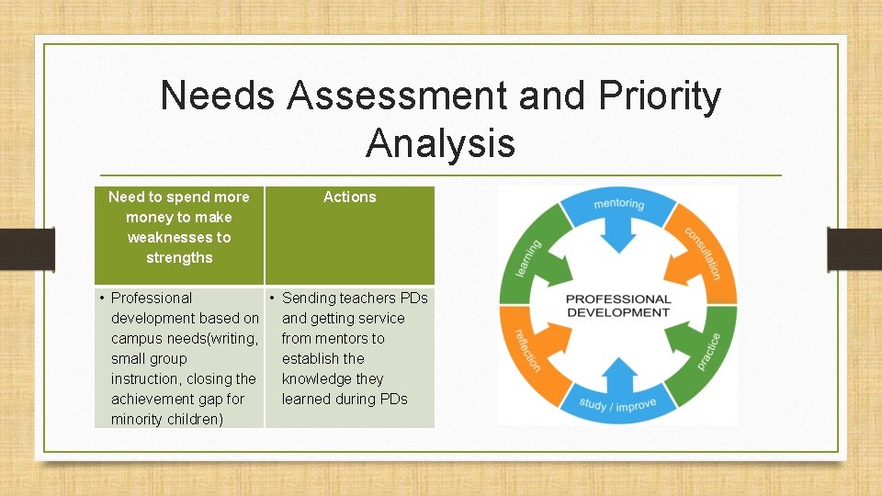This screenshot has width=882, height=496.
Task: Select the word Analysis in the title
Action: tap(440, 143)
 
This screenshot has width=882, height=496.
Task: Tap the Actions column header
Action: tap(349, 197)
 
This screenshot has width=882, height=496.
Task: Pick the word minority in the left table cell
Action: tap(137, 419)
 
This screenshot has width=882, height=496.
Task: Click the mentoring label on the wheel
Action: tap(618, 204)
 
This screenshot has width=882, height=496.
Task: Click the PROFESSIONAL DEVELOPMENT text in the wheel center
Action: tap(617, 305)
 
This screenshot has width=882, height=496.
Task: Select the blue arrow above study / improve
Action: tap(618, 373)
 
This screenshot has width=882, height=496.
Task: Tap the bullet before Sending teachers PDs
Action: tap(273, 298)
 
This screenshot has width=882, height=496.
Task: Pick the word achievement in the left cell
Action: tap(153, 399)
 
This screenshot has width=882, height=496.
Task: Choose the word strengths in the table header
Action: tap(179, 257)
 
